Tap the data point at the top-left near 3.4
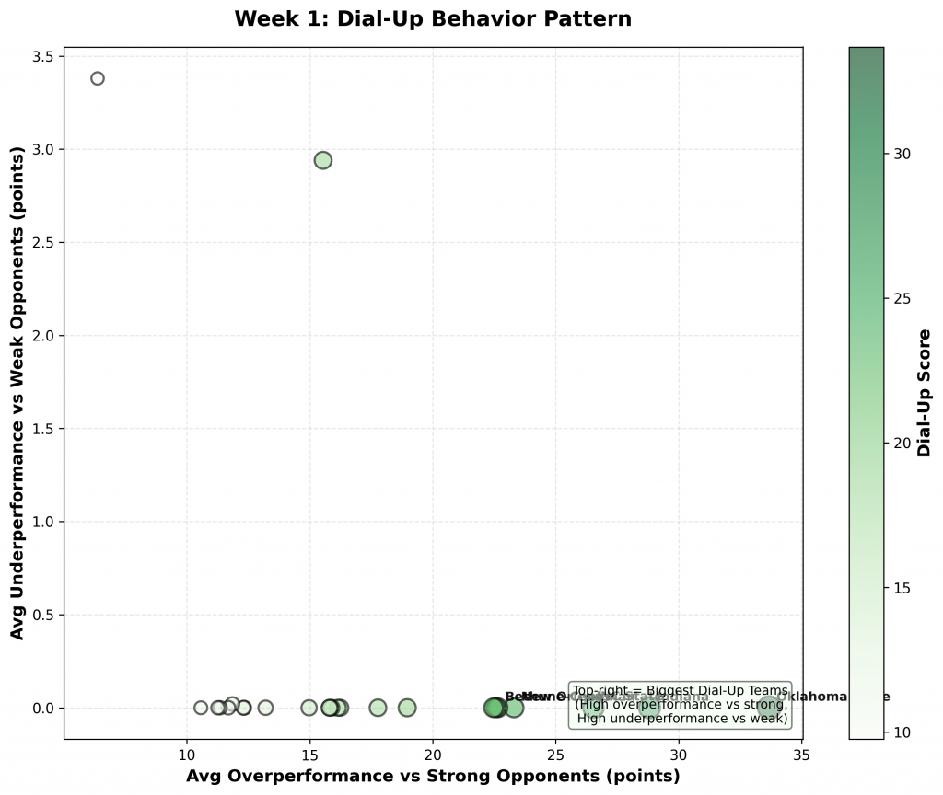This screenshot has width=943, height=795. coord(98,78)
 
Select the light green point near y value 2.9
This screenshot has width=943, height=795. coord(322,160)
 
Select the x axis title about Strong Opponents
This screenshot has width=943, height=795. coord(433,776)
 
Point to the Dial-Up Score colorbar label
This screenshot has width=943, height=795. coord(925,393)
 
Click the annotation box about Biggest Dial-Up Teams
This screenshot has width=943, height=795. coord(681,705)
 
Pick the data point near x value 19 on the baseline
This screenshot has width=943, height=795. coord(407,708)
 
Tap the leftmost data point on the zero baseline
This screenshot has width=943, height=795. coord(201,708)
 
